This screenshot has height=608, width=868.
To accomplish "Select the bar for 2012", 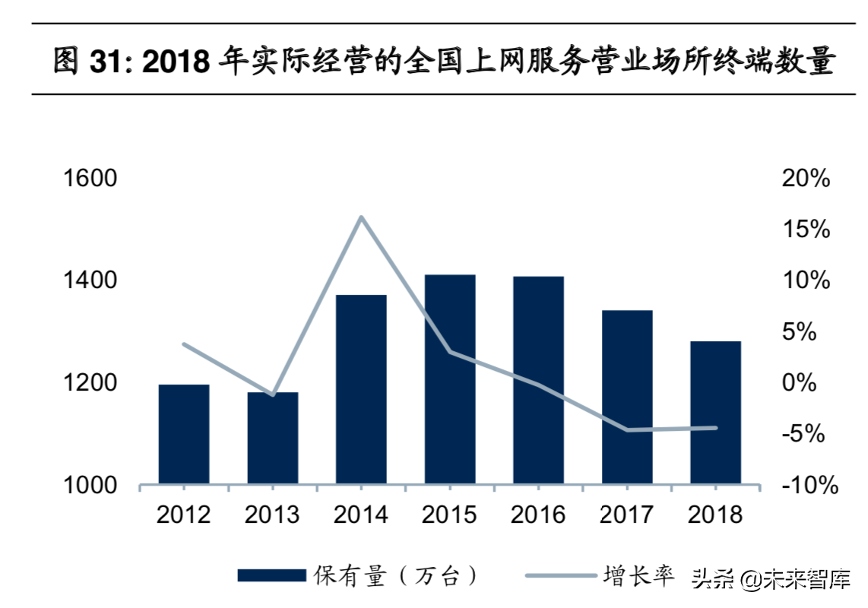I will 184,434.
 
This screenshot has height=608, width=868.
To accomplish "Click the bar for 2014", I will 361,389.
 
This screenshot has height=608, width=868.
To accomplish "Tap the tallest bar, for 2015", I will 450,379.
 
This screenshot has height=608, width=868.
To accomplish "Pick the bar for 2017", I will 627,397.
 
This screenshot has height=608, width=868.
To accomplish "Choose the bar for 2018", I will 715,413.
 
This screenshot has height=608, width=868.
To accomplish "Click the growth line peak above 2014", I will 362,217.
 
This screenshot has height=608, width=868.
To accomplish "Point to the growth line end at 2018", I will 715,427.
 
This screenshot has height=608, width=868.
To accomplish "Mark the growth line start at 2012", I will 184,344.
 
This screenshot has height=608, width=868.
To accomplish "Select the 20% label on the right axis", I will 806,179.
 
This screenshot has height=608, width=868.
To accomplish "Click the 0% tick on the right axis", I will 798,383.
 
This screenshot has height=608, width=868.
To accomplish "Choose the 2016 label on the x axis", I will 538,515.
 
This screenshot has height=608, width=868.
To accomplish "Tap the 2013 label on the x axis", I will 272,515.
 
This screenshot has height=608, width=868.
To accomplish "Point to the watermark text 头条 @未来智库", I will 769,579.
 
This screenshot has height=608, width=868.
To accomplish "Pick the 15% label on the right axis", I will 806,230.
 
